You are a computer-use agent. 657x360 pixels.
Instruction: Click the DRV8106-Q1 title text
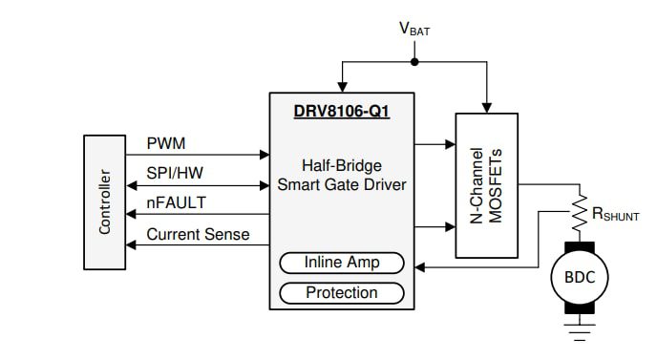342,111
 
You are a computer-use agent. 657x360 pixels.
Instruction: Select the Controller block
104,202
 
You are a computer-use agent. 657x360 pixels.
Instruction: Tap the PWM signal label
166,143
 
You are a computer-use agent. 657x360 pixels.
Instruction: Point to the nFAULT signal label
176,202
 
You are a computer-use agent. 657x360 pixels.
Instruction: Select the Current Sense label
198,233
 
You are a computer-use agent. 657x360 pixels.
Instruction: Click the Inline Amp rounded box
341,263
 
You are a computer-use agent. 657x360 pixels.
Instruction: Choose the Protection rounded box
341,292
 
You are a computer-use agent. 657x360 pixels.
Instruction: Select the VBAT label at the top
413,29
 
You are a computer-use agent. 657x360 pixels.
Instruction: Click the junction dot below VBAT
413,63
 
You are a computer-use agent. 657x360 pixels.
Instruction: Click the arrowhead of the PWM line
265,153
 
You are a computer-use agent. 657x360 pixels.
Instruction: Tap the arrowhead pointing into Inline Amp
412,268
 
